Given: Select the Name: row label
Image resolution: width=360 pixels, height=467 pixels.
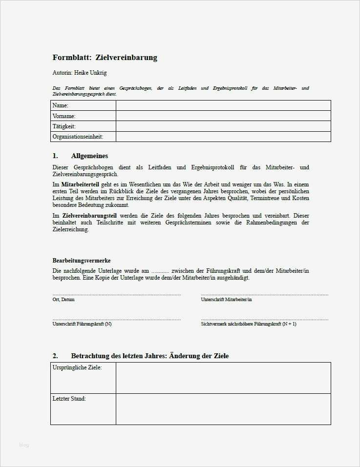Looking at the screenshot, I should [x=61, y=105].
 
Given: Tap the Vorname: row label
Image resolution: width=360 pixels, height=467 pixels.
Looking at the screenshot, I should [x=64, y=116].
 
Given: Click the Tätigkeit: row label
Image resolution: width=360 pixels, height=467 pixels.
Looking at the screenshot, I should [x=64, y=126].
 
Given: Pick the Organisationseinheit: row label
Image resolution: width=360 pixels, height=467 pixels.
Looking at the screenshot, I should [x=78, y=137].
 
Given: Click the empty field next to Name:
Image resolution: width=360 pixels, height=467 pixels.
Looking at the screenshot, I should [x=223, y=105].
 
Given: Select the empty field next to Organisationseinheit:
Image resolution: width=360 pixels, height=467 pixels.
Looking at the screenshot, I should [x=223, y=137].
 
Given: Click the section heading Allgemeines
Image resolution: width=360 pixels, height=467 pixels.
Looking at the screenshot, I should [x=89, y=156].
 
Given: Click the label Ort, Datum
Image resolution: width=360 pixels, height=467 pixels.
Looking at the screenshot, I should [x=64, y=300].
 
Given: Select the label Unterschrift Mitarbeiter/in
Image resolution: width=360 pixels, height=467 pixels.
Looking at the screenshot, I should [x=226, y=300].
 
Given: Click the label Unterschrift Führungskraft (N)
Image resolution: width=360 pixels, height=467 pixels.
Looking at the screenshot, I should [x=82, y=324].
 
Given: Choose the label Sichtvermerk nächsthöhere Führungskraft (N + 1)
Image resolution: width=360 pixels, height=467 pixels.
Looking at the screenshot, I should [x=249, y=324].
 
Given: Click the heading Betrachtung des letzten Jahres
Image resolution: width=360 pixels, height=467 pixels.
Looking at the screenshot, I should [x=119, y=356].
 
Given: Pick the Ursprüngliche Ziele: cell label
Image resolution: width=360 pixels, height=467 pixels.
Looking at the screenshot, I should [x=77, y=367].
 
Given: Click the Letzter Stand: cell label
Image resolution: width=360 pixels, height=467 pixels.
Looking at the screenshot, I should [x=69, y=399].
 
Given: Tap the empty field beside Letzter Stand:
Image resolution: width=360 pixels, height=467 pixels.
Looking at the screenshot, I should [x=223, y=409].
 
